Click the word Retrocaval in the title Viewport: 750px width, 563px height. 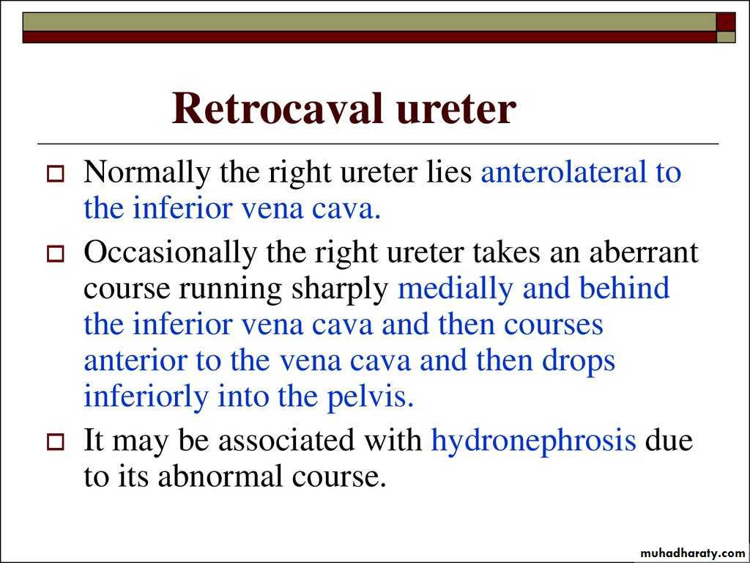pyautogui.click(x=278, y=108)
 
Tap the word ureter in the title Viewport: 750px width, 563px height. pyautogui.click(x=456, y=111)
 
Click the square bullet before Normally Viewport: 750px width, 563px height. pyautogui.click(x=55, y=174)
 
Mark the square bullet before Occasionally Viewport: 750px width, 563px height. pyautogui.click(x=55, y=254)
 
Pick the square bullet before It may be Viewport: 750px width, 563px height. pyautogui.click(x=55, y=441)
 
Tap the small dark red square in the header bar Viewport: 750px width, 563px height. pyautogui.click(x=725, y=22)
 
